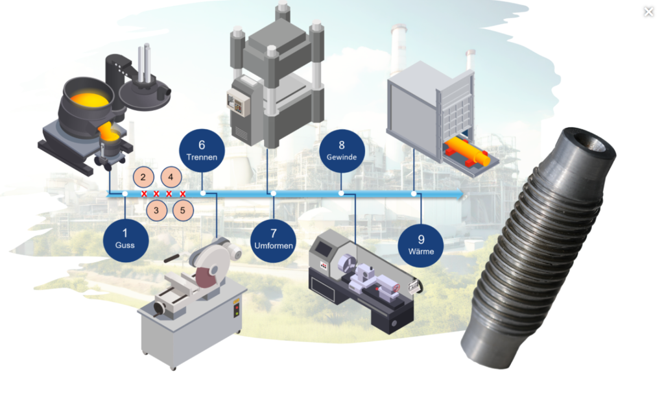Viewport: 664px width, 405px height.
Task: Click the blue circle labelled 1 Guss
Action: (125, 240)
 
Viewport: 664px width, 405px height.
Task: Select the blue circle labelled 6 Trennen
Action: (202, 151)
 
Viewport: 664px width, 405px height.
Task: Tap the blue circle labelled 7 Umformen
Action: (273, 240)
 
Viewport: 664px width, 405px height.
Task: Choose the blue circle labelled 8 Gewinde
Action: (342, 151)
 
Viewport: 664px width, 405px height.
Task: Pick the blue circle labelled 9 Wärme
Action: (420, 245)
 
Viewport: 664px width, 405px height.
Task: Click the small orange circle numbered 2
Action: (143, 177)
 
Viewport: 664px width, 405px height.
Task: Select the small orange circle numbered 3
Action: (156, 210)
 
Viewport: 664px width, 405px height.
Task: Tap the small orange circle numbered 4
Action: (171, 177)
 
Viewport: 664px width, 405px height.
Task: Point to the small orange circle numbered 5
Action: (183, 210)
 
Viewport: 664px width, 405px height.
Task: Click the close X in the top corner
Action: (648, 12)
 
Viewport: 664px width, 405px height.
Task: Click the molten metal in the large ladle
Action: (89, 100)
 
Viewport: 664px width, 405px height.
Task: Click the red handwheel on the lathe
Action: (396, 289)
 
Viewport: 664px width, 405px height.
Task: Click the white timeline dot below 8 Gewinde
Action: (341, 193)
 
